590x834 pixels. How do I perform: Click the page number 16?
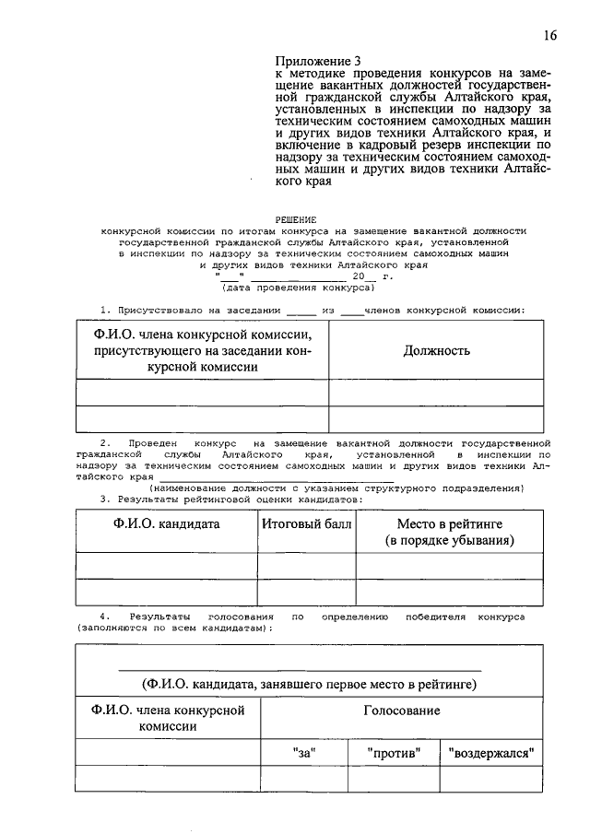click(x=549, y=36)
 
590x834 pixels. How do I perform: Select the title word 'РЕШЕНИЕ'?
click(x=315, y=220)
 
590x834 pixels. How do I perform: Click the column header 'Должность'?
click(x=437, y=350)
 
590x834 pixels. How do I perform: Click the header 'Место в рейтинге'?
click(x=449, y=523)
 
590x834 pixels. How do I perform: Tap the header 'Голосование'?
click(x=401, y=711)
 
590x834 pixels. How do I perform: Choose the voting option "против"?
click(x=394, y=753)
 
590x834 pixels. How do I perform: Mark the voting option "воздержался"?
click(x=492, y=753)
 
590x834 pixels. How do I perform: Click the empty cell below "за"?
click(x=304, y=779)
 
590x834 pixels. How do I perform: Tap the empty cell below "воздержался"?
click(x=492, y=779)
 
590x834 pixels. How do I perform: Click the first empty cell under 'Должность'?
click(x=437, y=393)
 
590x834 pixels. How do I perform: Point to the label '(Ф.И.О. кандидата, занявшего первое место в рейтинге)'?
click(x=309, y=685)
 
